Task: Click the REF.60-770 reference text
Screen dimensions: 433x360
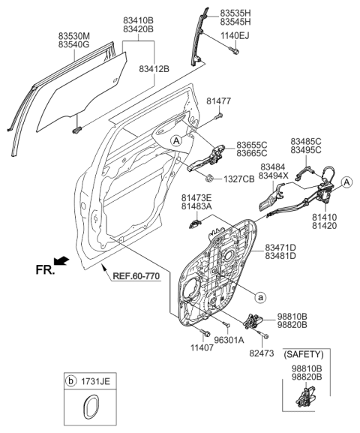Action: (x=136, y=275)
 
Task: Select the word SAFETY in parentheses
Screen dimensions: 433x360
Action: (x=303, y=353)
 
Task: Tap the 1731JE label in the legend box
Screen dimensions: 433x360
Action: (x=96, y=383)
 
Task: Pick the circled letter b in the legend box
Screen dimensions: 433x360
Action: (x=71, y=383)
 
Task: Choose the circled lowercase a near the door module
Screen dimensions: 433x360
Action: (x=259, y=297)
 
